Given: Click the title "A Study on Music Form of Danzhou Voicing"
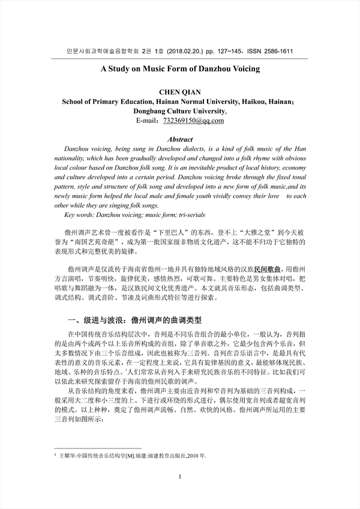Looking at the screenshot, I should [180, 69].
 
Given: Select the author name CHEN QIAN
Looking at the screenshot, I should [180, 92].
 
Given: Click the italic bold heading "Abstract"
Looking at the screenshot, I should [180, 139].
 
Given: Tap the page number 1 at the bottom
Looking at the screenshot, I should [180, 493].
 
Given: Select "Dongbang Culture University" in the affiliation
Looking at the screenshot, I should [179, 111].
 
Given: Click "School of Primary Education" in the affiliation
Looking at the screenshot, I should [112, 102].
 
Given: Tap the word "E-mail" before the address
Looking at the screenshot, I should [145, 121].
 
